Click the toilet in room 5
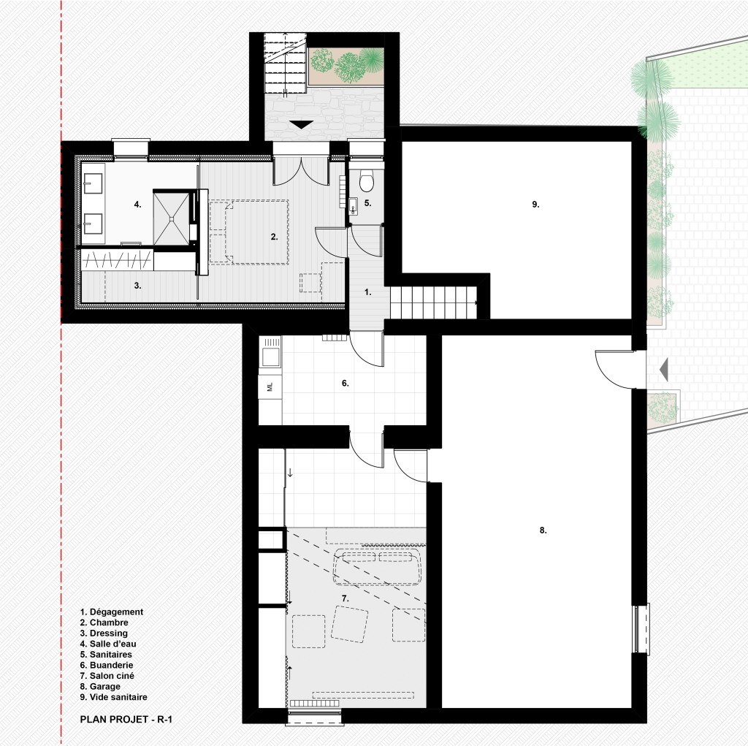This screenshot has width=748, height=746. [x=366, y=180]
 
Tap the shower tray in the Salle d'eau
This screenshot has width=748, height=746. [x=171, y=218]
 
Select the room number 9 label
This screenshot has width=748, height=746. [x=535, y=205]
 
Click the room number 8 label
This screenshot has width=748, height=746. [x=543, y=530]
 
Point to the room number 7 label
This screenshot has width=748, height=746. [x=346, y=598]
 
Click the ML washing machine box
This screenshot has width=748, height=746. [x=270, y=386]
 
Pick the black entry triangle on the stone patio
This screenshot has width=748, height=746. [x=301, y=125]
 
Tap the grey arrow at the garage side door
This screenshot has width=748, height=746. [x=663, y=370]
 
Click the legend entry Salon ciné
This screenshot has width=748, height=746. [x=107, y=675]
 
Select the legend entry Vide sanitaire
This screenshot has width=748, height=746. [x=113, y=697]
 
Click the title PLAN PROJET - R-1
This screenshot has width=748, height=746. [x=126, y=719]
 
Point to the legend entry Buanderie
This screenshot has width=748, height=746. [x=107, y=665]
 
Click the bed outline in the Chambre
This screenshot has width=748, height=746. [x=249, y=232]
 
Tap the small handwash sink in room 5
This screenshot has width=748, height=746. [x=353, y=206]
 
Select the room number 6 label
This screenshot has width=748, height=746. [x=346, y=384]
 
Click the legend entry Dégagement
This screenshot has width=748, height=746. [x=112, y=612]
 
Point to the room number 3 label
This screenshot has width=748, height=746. [x=137, y=286]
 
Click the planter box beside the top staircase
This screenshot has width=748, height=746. [x=346, y=66]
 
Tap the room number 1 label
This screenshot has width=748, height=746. [x=367, y=292]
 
